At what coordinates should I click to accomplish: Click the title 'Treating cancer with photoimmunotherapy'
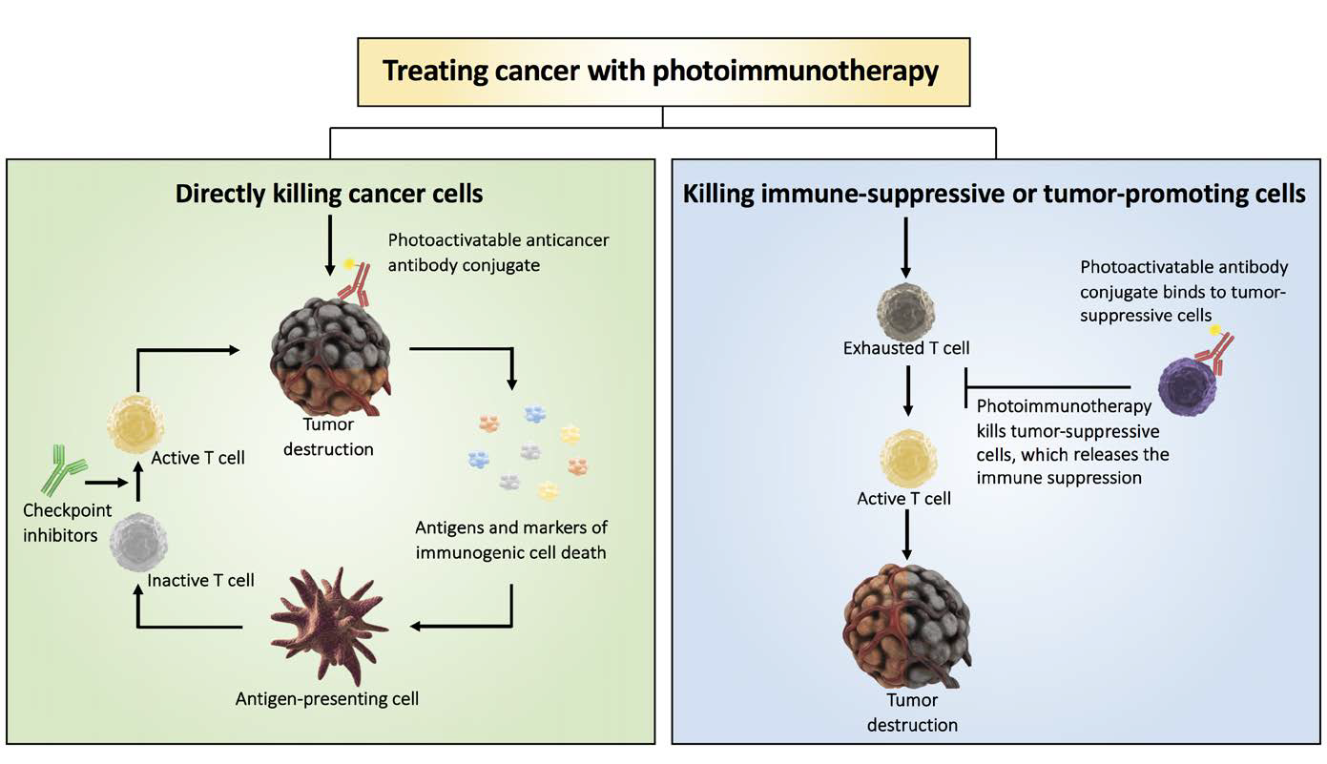coord(660,72)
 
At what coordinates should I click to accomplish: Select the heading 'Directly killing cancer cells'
coord(329,194)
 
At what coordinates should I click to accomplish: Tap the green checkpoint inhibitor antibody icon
coord(62,469)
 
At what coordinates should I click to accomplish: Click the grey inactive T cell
coord(138,542)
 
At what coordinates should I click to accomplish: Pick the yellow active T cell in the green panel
coord(135,423)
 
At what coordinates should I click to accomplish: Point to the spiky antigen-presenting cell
coord(329,625)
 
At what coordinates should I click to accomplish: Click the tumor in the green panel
coord(331,356)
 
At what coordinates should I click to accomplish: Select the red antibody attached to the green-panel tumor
coord(355,284)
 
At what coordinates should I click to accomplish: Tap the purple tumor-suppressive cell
coord(1187,387)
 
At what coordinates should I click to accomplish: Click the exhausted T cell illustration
coord(905,311)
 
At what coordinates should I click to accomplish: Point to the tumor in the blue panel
coord(906,625)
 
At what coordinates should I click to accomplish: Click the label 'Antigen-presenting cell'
coord(327,699)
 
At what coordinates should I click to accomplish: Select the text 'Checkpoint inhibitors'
coord(67,523)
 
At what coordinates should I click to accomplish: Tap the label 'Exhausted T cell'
coord(906,348)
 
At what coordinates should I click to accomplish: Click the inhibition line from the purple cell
coord(1048,387)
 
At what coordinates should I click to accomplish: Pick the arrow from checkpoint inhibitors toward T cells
coord(107,483)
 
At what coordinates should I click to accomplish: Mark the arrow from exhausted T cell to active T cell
coord(907,391)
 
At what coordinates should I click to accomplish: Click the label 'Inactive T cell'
coord(200,581)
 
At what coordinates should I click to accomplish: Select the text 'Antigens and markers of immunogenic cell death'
coord(511,540)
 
